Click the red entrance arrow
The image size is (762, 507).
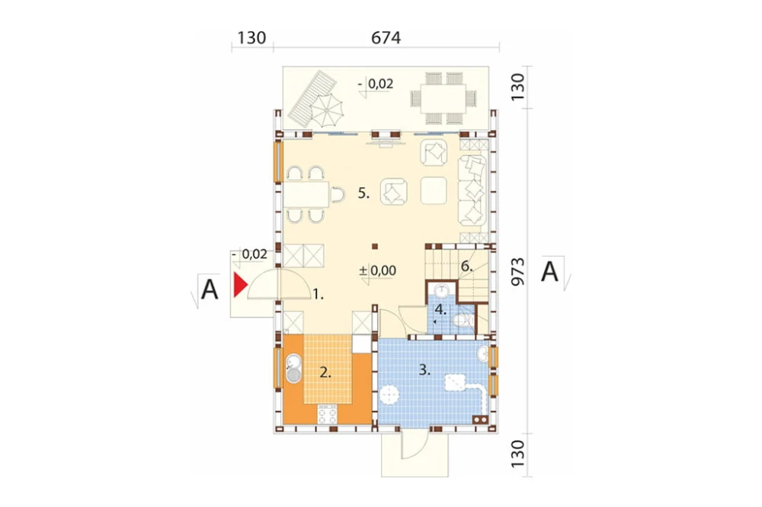pyautogui.click(x=240, y=285)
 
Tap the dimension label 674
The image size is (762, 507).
pyautogui.click(x=386, y=37)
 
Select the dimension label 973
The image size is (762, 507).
pyautogui.click(x=518, y=271)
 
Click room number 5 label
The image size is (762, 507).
pyautogui.click(x=364, y=193)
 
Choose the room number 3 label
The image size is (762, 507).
pyautogui.click(x=424, y=369)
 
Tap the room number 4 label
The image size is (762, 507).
pyautogui.click(x=440, y=309)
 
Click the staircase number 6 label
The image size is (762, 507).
pyautogui.click(x=466, y=266)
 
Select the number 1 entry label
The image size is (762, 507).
pyautogui.click(x=318, y=294)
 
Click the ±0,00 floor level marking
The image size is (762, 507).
pyautogui.click(x=378, y=270)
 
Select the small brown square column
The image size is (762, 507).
pyautogui.click(x=374, y=247)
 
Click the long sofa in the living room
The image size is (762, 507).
pyautogui.click(x=472, y=190)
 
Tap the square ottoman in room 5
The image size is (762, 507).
pyautogui.click(x=434, y=190)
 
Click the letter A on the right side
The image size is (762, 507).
pyautogui.click(x=549, y=272)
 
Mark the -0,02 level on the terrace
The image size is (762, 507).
pyautogui.click(x=376, y=84)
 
